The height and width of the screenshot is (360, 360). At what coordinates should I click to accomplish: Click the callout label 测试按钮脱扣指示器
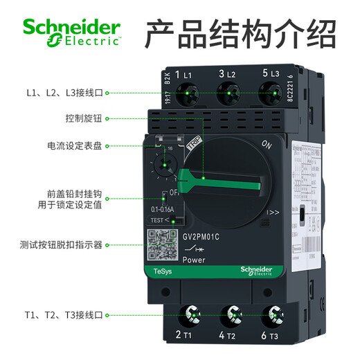coord(62,244)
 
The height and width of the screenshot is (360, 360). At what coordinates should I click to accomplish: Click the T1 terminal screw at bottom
coord(186,316)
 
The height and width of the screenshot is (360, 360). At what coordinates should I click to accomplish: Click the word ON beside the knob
coord(267,144)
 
